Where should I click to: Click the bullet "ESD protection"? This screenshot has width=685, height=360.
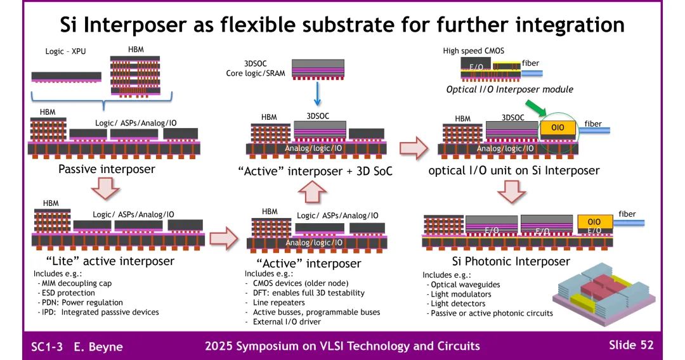[x=69, y=293]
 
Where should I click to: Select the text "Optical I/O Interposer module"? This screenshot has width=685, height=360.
[x=510, y=89]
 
